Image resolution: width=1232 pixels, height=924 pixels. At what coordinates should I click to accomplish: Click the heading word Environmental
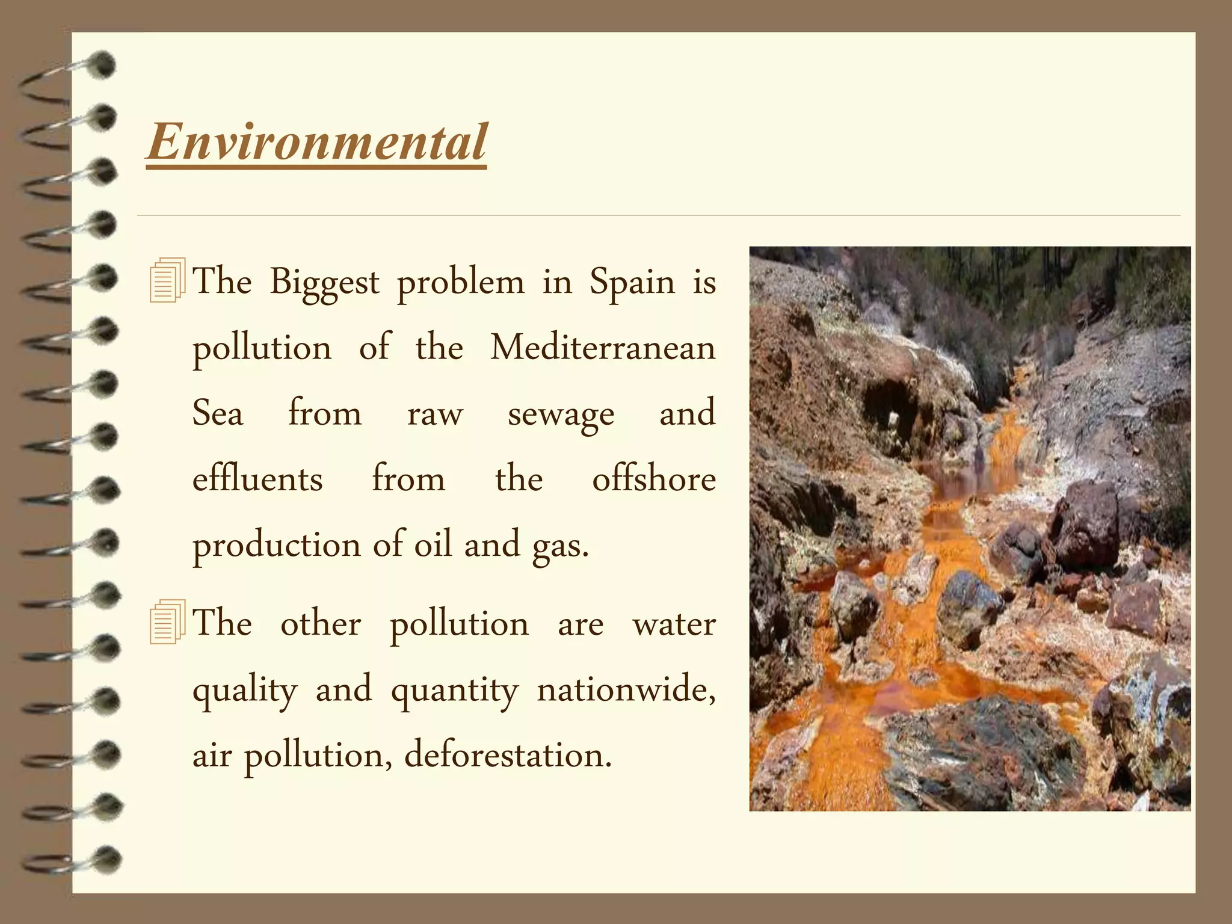[317, 142]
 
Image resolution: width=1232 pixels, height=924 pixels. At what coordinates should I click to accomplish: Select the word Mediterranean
[603, 348]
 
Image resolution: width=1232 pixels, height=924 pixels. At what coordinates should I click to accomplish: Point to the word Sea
[218, 414]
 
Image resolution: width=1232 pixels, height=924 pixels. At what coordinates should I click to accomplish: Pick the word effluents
[257, 479]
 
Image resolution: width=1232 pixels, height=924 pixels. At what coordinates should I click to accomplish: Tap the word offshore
[654, 479]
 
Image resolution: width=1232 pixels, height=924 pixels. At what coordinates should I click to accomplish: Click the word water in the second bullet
[674, 624]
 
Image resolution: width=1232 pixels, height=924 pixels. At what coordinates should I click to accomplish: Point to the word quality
[245, 691]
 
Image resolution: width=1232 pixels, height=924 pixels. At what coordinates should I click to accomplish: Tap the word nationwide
[626, 689]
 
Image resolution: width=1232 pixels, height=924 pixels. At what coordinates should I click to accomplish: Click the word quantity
[454, 691]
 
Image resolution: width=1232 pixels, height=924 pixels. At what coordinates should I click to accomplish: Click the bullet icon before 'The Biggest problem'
[167, 280]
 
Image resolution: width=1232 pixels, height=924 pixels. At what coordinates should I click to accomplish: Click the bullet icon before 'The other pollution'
[167, 622]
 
